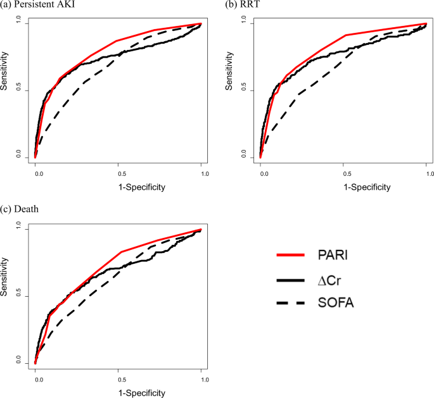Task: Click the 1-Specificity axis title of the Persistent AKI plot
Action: click(119, 187)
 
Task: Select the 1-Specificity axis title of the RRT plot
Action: click(344, 187)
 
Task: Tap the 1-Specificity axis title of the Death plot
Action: click(119, 393)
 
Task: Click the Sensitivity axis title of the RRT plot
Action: click(229, 90)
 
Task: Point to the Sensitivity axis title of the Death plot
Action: click(5, 296)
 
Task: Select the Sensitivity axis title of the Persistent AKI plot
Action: click(5, 90)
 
